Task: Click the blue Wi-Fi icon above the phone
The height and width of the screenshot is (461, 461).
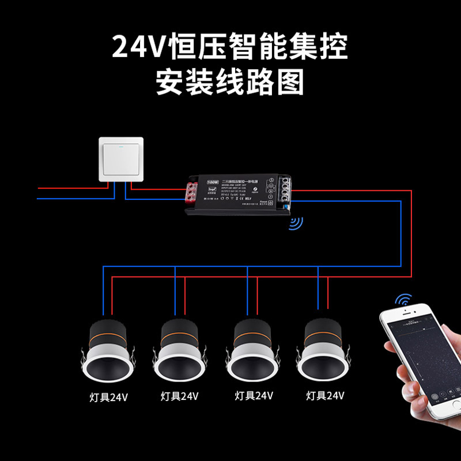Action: [405, 301]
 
